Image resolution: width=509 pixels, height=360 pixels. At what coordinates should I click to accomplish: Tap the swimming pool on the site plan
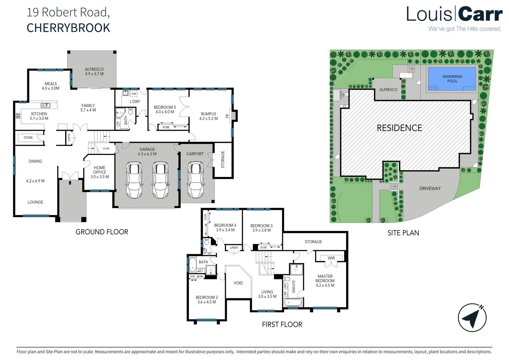452,79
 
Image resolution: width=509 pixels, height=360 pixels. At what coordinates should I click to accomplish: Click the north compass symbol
472,318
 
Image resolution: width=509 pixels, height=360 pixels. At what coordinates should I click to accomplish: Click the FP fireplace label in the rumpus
228,116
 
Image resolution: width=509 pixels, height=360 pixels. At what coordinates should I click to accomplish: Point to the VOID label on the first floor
238,283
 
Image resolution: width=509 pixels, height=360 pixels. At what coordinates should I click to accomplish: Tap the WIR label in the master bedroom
331,258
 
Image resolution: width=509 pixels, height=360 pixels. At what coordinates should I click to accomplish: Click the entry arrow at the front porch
70,183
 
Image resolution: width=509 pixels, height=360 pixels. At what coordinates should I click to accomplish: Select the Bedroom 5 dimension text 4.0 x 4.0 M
165,112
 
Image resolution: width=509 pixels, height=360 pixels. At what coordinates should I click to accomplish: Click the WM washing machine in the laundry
134,94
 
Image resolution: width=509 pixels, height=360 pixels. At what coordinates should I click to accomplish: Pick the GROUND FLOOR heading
102,232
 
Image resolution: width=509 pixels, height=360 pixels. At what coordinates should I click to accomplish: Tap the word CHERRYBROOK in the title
68,28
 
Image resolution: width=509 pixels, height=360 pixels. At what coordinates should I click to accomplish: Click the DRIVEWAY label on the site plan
430,188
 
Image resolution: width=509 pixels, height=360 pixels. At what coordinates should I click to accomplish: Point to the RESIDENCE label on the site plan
399,128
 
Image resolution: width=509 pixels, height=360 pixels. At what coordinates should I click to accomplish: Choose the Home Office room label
100,170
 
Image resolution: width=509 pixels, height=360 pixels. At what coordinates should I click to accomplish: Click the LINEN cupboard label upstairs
234,248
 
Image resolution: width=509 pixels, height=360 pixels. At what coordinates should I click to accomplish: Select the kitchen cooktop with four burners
18,116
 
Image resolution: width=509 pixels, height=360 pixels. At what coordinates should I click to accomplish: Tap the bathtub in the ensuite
293,303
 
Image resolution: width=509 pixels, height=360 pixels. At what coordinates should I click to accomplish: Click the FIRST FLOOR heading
282,325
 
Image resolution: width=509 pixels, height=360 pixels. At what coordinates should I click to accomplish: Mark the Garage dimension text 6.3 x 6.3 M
147,154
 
